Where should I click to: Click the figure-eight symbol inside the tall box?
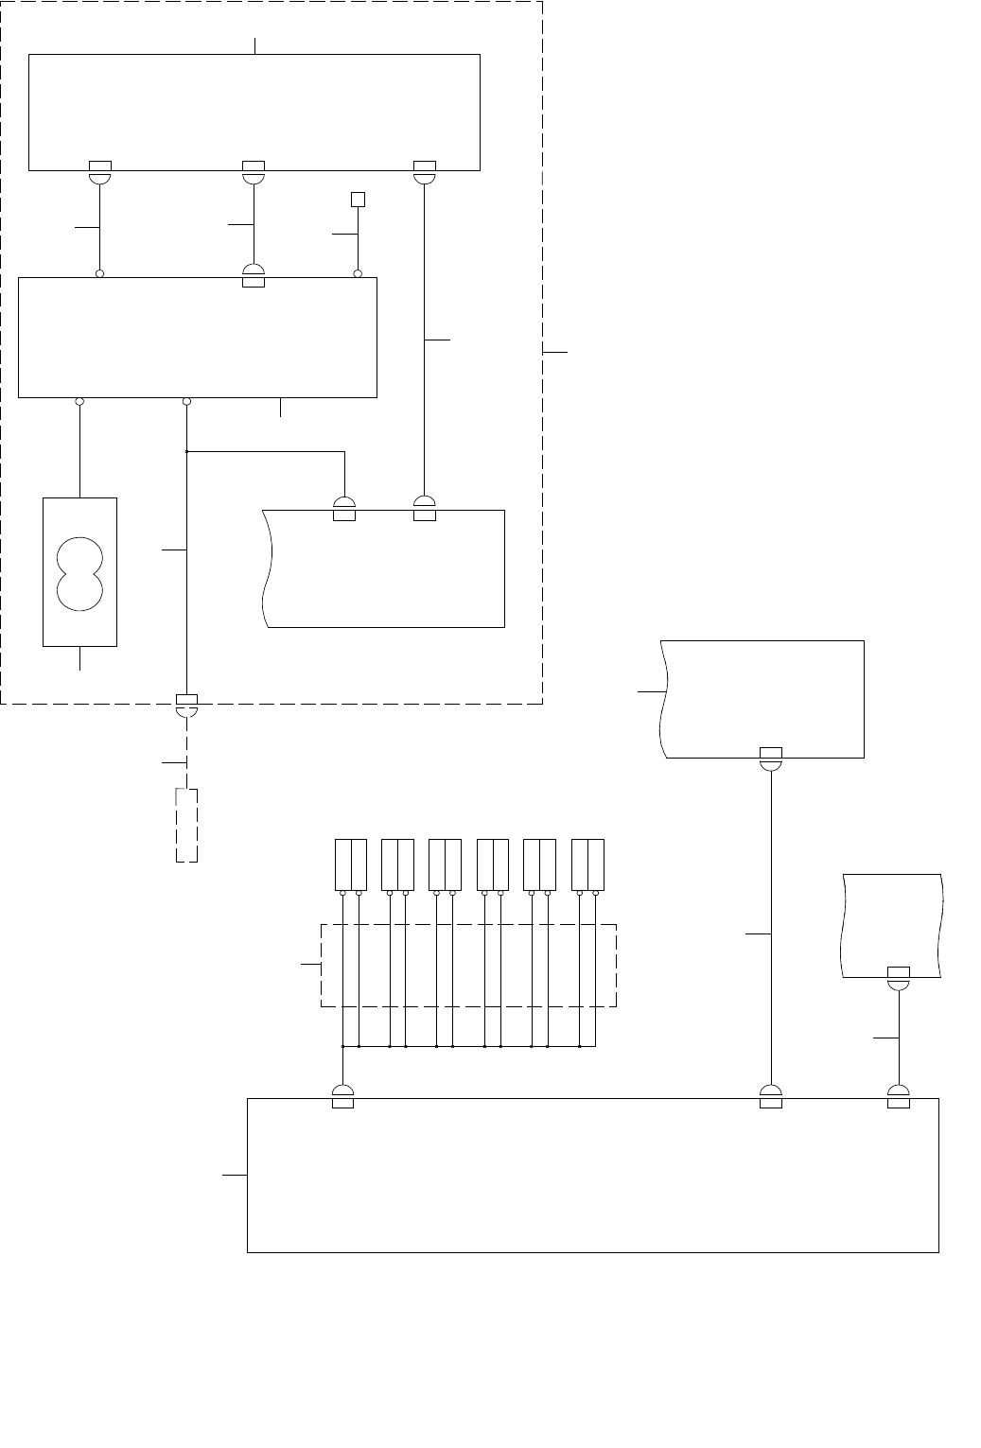click(79, 572)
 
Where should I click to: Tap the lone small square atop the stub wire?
click(358, 199)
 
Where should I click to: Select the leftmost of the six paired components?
click(350, 864)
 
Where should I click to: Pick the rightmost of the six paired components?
click(587, 864)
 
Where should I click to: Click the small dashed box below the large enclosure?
click(187, 824)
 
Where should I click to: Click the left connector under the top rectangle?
click(99, 171)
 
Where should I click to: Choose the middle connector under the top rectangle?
click(254, 171)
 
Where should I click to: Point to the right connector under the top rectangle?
click(425, 171)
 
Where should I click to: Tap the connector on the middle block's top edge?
click(254, 276)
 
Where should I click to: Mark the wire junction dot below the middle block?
click(187, 451)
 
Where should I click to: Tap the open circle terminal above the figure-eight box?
click(80, 402)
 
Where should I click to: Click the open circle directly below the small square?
click(358, 274)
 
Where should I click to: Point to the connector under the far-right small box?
click(899, 978)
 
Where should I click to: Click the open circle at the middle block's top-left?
click(99, 274)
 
